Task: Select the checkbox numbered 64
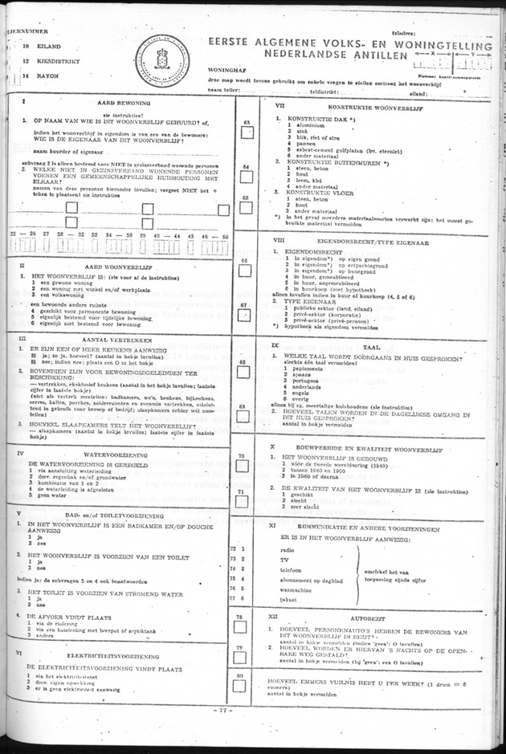[247, 177]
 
